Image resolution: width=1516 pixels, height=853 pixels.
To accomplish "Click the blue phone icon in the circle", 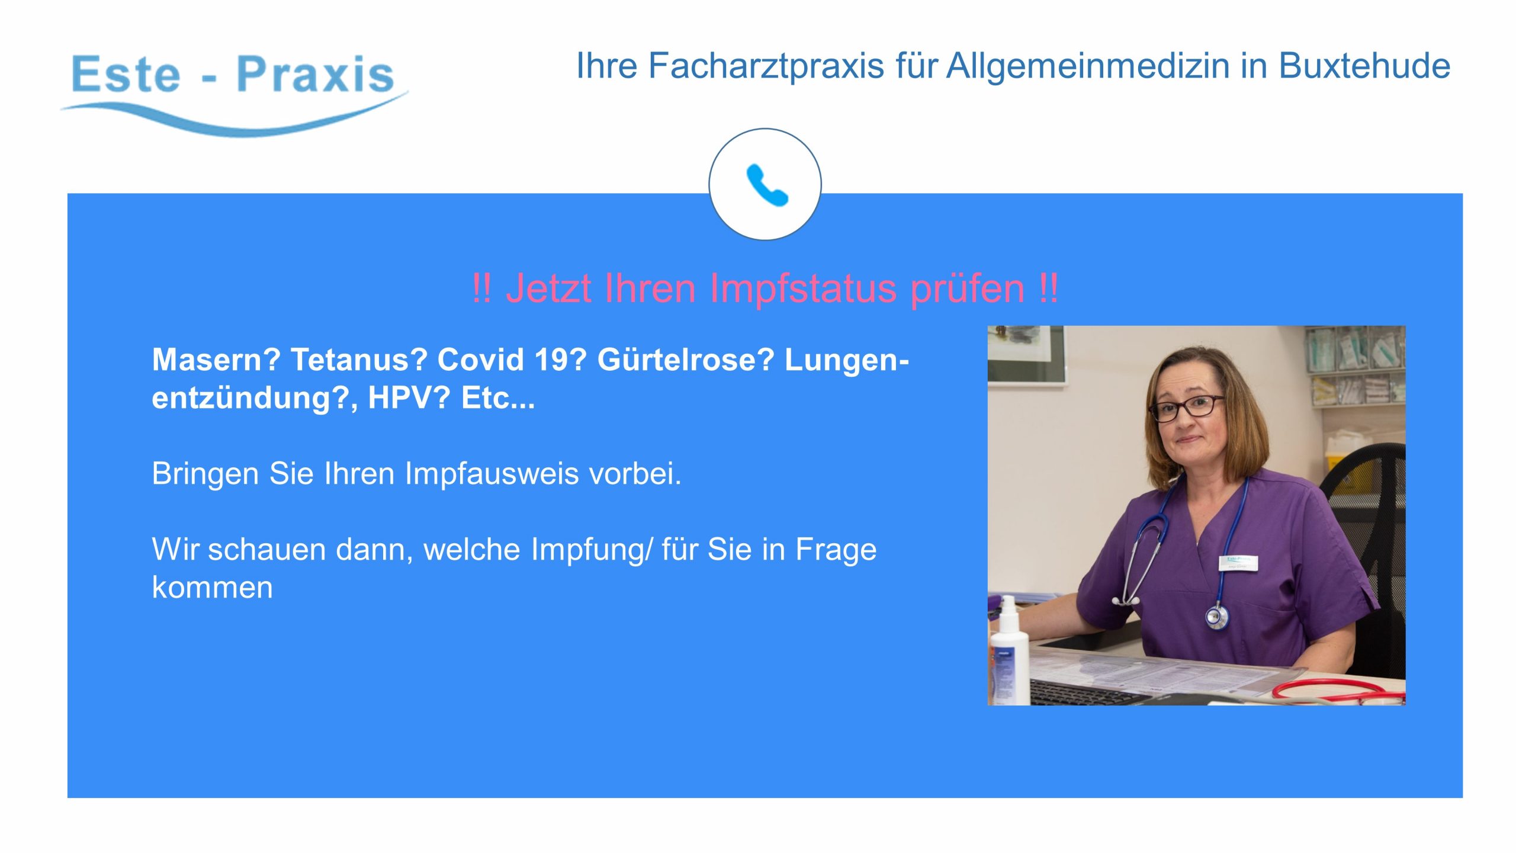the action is (x=767, y=185).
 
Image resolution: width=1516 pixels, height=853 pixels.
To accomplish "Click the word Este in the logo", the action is (x=126, y=75).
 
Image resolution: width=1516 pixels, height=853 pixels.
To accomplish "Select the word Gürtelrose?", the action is (x=686, y=360).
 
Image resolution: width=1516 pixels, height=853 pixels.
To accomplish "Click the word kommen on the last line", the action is (x=213, y=588).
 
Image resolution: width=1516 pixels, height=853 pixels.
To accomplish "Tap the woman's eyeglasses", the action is (x=1186, y=408).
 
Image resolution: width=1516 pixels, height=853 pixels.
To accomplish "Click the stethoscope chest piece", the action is (x=1217, y=617).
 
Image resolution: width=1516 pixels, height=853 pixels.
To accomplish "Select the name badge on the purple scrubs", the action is (x=1238, y=562).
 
